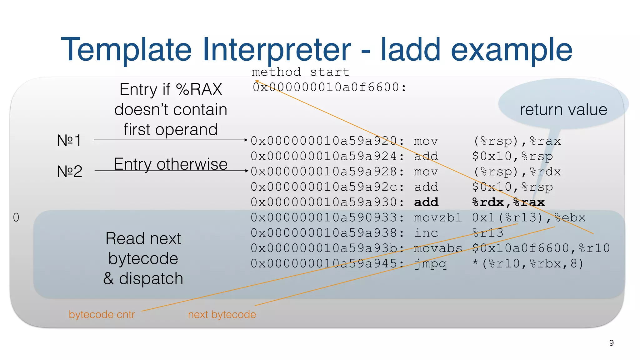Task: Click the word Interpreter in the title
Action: [x=277, y=50]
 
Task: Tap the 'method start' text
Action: [x=301, y=72]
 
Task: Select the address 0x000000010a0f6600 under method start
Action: [x=326, y=87]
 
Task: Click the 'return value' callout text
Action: [x=563, y=110]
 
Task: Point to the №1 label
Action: [x=69, y=140]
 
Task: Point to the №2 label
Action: [x=70, y=171]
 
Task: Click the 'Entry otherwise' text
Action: [x=171, y=164]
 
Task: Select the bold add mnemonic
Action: [x=426, y=202]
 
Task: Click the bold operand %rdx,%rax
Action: [x=508, y=202]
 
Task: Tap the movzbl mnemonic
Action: [x=437, y=217]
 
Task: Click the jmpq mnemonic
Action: [x=431, y=264]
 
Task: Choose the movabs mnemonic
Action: [x=437, y=248]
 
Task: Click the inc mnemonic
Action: [x=426, y=233]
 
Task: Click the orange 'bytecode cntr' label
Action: [x=102, y=314]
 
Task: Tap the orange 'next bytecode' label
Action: [x=222, y=314]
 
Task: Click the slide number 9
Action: [x=611, y=343]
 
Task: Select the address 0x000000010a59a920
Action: [x=324, y=141]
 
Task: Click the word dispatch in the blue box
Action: [x=151, y=278]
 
